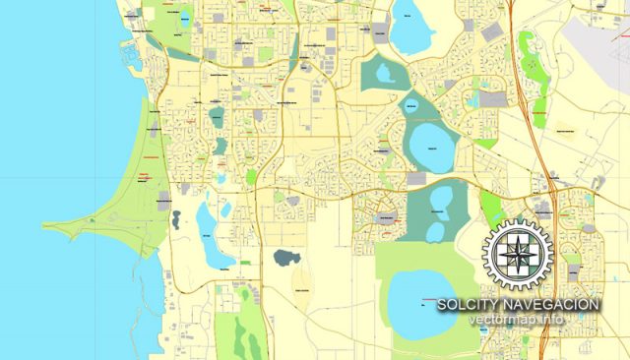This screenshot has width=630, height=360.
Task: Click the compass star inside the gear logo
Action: pos(518,254)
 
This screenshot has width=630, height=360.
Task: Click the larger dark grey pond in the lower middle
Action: pos(286,259)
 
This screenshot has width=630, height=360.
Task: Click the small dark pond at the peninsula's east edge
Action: pos(175,219)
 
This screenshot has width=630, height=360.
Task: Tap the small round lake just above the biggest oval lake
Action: pos(412,104)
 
